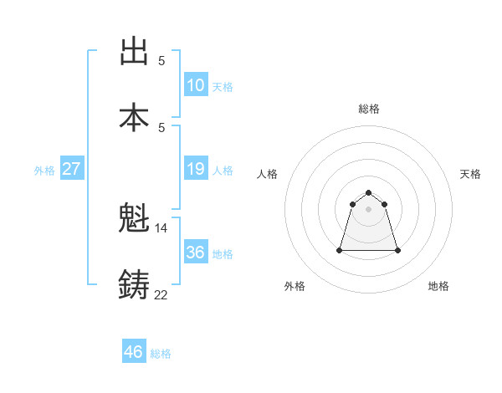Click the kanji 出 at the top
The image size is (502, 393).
point(134,51)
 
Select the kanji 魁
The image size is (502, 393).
point(134,220)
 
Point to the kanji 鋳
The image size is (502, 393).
point(134,285)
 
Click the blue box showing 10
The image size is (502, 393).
point(196,85)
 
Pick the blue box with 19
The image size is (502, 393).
point(196,170)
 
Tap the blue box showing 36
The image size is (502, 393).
point(196,253)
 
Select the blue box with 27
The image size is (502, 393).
point(72,170)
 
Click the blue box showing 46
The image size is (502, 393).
point(134,352)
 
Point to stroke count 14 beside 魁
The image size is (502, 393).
point(161,227)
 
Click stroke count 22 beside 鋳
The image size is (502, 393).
point(161,293)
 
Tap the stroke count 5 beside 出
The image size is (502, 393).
point(161,60)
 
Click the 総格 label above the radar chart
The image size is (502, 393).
point(369,109)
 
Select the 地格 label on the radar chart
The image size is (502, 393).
point(438,286)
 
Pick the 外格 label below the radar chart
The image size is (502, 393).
point(295,286)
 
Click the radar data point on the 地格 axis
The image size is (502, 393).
point(397,250)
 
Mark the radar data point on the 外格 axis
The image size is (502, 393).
point(341,250)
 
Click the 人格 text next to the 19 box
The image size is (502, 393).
point(223,171)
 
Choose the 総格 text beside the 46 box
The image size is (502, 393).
point(161,353)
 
